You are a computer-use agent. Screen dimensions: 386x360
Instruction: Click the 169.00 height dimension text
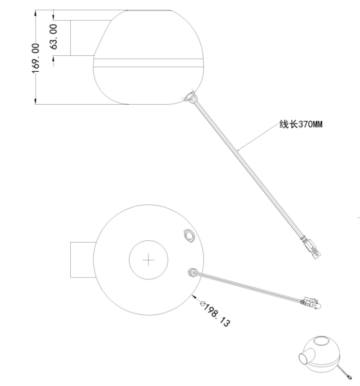coord(35,57)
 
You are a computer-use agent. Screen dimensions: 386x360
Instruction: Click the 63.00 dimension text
coord(54,36)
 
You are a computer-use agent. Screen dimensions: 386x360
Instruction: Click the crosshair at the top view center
coord(148,261)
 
